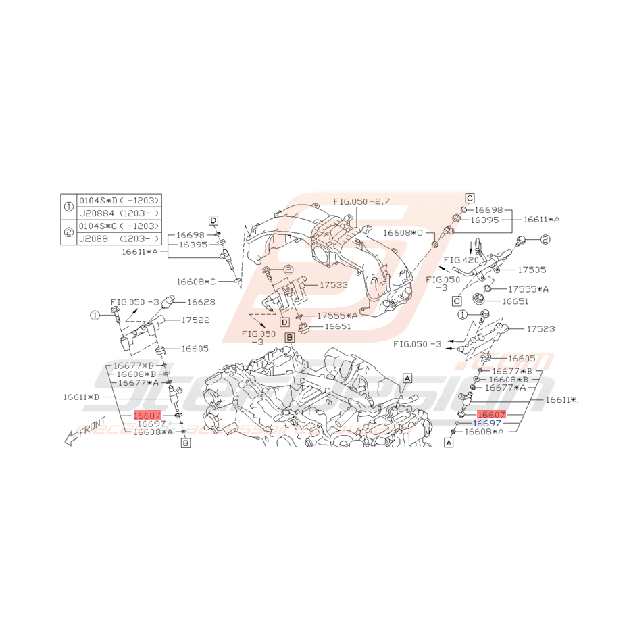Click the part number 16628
[201, 302]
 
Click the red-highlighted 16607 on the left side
[147, 415]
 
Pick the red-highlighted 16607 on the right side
[491, 413]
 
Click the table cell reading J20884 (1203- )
[119, 213]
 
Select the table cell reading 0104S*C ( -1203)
[119, 226]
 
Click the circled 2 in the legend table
[68, 232]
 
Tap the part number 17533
[334, 285]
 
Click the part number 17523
[540, 329]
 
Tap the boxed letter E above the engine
[289, 336]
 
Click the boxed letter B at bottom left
[186, 443]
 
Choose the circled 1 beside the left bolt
[95, 315]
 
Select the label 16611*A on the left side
[140, 251]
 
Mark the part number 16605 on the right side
[521, 358]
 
